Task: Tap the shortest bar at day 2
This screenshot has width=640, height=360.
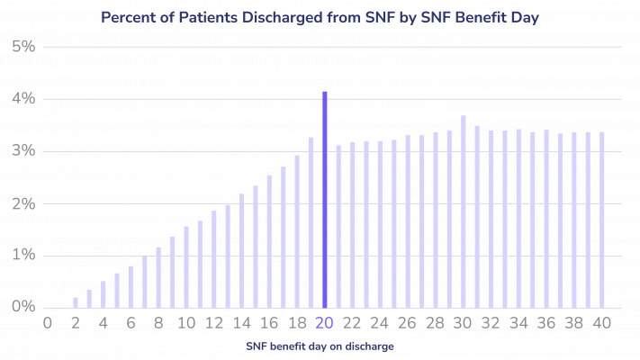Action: pos(76,301)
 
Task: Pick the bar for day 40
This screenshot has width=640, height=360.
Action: pos(602,220)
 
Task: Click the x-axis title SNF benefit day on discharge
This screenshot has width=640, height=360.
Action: pos(320,345)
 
